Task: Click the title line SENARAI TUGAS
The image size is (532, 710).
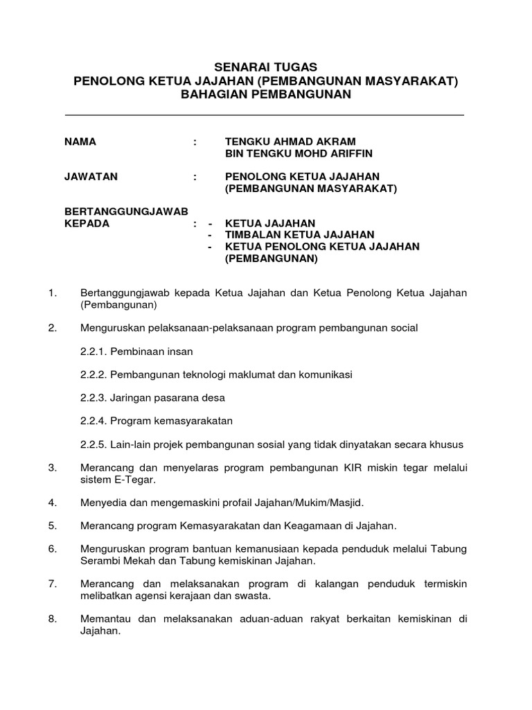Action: [266, 67]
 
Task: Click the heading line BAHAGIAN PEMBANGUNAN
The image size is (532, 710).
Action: [266, 94]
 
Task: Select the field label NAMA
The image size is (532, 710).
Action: [80, 141]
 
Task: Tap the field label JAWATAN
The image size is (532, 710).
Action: [91, 177]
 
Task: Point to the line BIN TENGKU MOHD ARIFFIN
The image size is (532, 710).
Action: [289, 153]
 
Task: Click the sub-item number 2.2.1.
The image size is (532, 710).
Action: [94, 352]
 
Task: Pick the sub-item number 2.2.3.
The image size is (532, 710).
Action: [94, 398]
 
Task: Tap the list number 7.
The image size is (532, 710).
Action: [52, 584]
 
